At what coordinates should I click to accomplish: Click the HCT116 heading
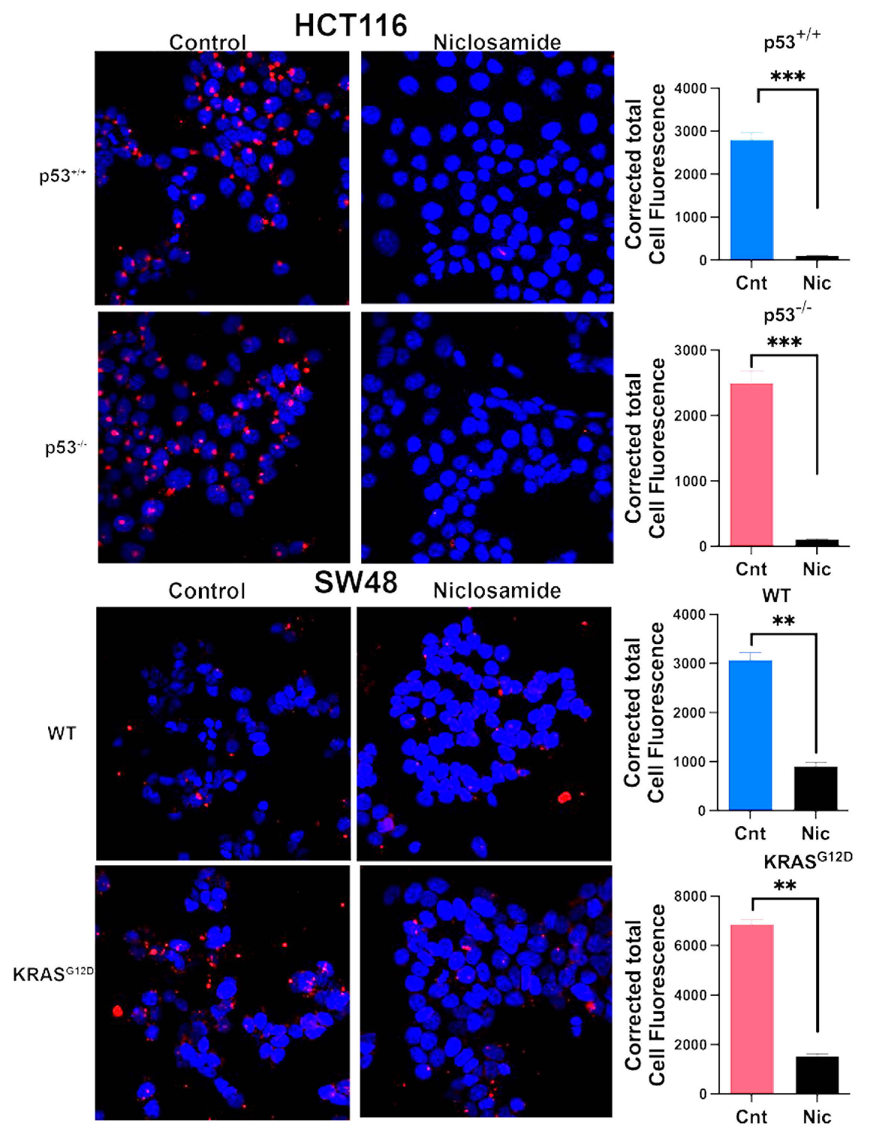pos(351,25)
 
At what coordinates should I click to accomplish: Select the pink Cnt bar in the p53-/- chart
pos(751,465)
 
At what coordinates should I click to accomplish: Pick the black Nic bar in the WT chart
pos(815,788)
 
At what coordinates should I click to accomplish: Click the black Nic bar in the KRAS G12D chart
pos(817,1074)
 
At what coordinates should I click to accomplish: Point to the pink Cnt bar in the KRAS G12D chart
pos(752,1009)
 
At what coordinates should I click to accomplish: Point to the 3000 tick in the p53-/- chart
pos(690,350)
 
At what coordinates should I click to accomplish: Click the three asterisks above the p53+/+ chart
pos(788,77)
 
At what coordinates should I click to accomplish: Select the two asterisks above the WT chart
pos(783,621)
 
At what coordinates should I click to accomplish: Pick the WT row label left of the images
pos(61,733)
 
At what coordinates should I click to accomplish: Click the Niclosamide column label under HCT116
pos(497,43)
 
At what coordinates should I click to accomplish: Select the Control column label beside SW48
pos(206,591)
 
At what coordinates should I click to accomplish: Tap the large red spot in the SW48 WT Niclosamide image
pos(564,797)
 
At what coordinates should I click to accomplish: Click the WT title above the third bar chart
pos(776,596)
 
